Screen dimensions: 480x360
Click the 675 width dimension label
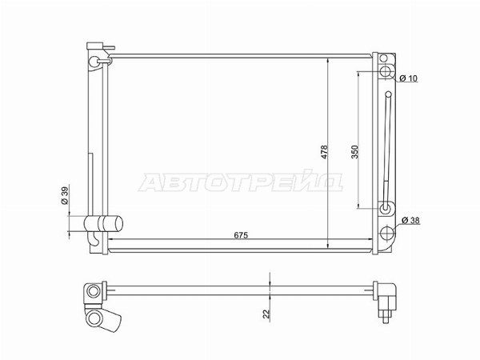pyautogui.click(x=241, y=235)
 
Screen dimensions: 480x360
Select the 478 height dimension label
pyautogui.click(x=324, y=151)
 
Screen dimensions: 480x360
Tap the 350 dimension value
pyautogui.click(x=354, y=151)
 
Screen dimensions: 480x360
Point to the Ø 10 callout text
pyautogui.click(x=408, y=78)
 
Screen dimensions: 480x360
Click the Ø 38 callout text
pyautogui.click(x=410, y=220)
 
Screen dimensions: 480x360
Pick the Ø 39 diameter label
pyautogui.click(x=66, y=195)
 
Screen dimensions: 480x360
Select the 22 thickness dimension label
pyautogui.click(x=266, y=314)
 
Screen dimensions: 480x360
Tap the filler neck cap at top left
pyautogui.click(x=95, y=46)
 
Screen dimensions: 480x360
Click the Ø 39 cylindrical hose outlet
pyautogui.click(x=103, y=224)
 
